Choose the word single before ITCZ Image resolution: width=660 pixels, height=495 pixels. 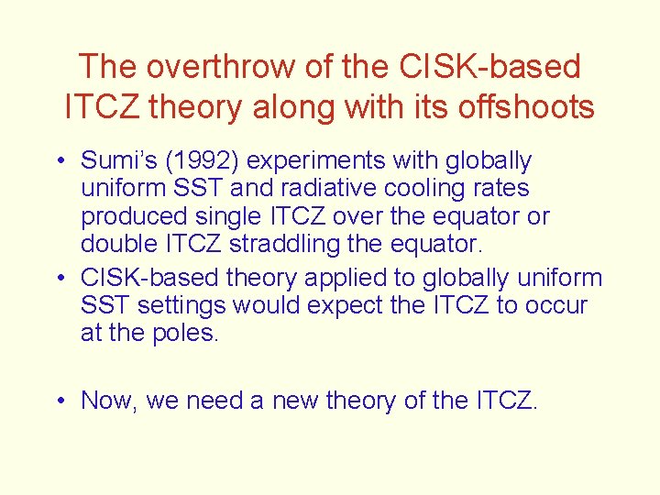click(216, 217)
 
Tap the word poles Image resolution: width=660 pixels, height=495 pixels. click(190, 333)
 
